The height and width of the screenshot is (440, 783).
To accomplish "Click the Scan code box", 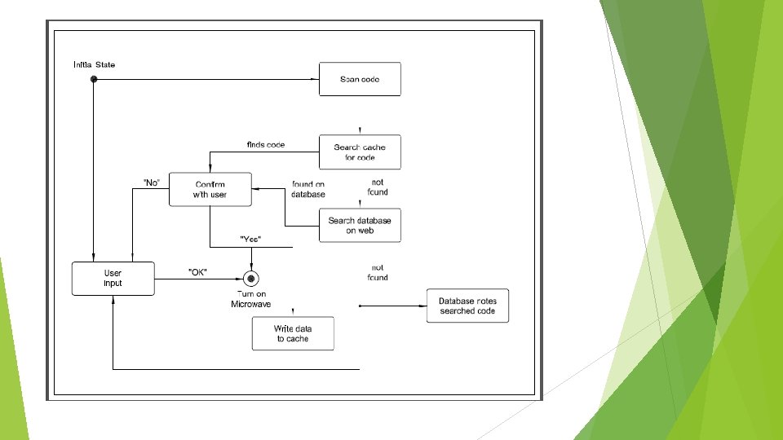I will click(360, 79).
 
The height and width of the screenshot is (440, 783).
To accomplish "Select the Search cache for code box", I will click(360, 152).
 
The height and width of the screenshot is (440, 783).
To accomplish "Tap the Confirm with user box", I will click(210, 189).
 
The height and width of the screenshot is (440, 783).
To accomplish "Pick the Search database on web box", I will click(360, 226).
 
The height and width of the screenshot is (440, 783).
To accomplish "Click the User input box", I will click(113, 278).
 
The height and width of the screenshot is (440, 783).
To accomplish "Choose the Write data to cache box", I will click(293, 333).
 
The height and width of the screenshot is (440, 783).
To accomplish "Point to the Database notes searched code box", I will click(467, 306).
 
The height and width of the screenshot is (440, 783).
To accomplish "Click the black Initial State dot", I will click(94, 79).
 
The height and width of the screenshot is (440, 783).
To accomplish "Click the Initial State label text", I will click(94, 64).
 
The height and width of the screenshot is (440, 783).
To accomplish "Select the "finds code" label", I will click(266, 144).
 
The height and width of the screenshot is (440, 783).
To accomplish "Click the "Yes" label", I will click(250, 240).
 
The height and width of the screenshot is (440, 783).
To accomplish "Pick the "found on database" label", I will click(308, 189).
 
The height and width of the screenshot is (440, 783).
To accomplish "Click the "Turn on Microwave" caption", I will click(251, 299).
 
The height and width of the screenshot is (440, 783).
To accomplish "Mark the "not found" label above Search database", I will click(378, 187).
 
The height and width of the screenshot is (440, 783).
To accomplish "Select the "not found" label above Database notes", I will click(378, 272).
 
